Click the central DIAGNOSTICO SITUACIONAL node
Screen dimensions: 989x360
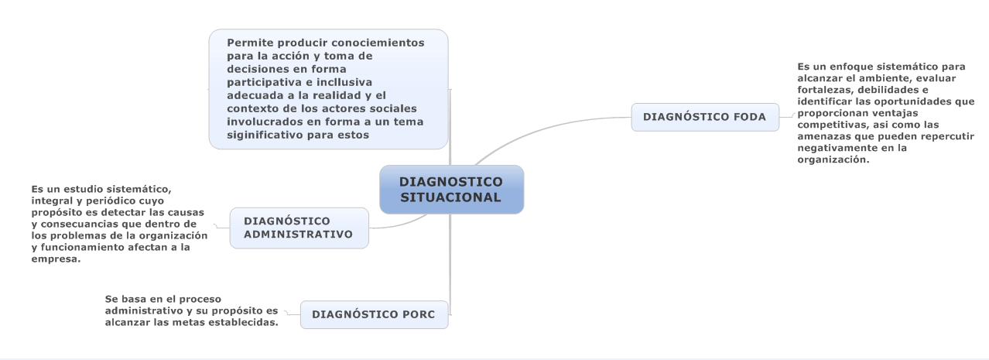[452, 190]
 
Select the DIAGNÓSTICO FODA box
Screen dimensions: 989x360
[705, 117]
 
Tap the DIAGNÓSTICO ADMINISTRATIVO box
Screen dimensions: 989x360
[299, 228]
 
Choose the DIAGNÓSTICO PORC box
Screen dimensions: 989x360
[374, 314]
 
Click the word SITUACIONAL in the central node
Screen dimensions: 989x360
[451, 197]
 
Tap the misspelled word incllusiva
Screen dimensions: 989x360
[344, 82]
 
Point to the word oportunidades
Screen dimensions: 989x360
[913, 101]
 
